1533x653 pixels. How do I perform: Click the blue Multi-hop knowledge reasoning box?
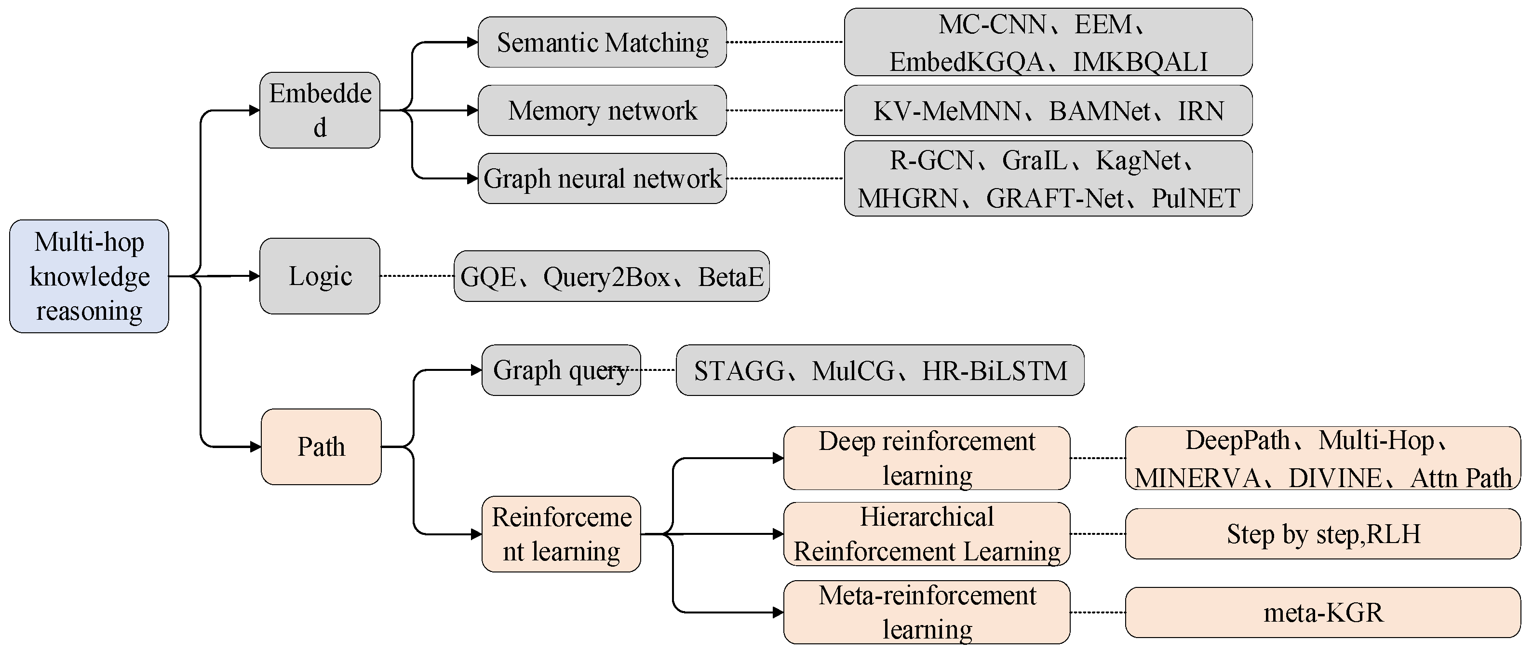89,276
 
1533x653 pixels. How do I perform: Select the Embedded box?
320,110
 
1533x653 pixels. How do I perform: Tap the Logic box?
320,276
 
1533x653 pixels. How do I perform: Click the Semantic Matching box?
602,42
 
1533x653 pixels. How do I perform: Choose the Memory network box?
602,110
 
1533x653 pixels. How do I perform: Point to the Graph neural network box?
602,178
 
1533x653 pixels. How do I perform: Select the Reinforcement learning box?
561,534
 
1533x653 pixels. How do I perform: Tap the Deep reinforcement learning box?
927,458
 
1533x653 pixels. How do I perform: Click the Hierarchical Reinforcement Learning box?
927,534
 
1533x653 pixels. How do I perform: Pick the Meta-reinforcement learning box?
927,612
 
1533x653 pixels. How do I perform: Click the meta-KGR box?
1323,612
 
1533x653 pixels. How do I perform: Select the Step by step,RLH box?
1323,534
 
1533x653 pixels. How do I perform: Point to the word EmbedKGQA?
966,62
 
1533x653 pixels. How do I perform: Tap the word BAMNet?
1099,111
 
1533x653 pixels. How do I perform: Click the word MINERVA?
1197,478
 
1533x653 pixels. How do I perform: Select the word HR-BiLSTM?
995,371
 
